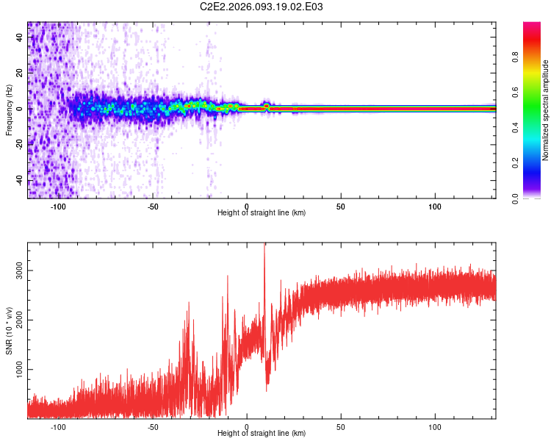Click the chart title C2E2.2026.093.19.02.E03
(262, 7)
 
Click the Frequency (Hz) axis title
(9, 110)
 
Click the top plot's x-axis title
(262, 212)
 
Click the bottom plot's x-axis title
(262, 434)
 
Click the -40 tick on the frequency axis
(20, 180)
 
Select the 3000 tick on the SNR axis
(20, 270)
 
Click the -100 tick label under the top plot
(58, 206)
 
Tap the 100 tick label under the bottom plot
(435, 426)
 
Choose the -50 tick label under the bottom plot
(153, 426)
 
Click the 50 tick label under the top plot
(341, 206)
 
